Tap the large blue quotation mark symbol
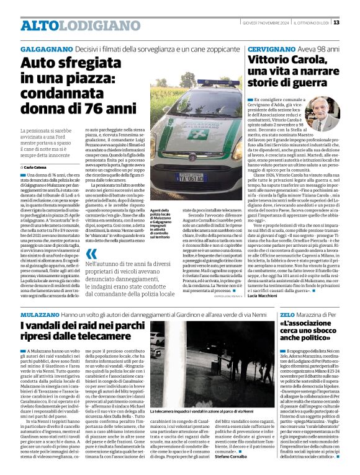pos(92,254)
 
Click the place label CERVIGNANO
pos(271,48)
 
